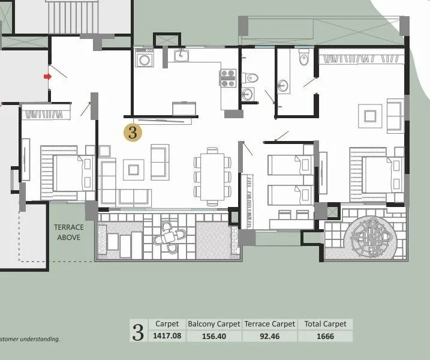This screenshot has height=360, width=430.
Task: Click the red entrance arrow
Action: (46, 77)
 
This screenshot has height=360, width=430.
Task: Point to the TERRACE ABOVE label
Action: (69, 232)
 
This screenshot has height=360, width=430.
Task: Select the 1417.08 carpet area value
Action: (167, 336)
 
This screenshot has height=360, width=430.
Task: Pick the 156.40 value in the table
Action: (214, 336)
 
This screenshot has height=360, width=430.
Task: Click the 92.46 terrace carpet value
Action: (269, 336)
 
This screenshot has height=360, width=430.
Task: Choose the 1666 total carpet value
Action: (325, 336)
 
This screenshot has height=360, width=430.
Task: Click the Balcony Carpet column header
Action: (214, 323)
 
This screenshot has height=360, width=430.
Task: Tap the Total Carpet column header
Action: (325, 323)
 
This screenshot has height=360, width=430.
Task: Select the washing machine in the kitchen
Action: (145, 59)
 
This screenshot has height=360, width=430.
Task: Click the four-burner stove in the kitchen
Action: (228, 78)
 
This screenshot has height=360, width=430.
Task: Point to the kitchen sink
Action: (182, 56)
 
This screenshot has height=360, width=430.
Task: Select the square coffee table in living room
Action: (133, 170)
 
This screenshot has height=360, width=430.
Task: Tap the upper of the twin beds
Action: (290, 165)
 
